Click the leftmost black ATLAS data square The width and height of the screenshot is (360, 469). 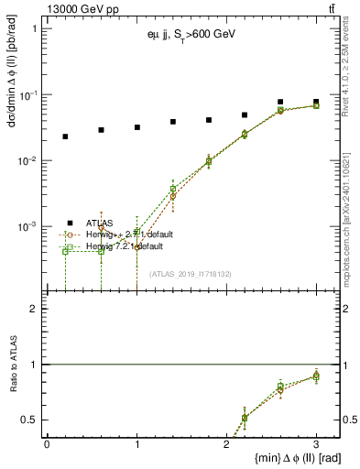point(65,136)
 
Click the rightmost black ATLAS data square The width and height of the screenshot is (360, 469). point(316,102)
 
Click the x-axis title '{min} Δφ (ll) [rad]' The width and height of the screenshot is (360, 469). point(285,457)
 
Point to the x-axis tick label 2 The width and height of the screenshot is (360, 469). point(226,443)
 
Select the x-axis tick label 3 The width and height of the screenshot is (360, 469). point(316,443)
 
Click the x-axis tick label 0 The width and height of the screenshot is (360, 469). point(47,443)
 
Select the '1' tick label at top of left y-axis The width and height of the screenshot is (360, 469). point(34,28)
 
